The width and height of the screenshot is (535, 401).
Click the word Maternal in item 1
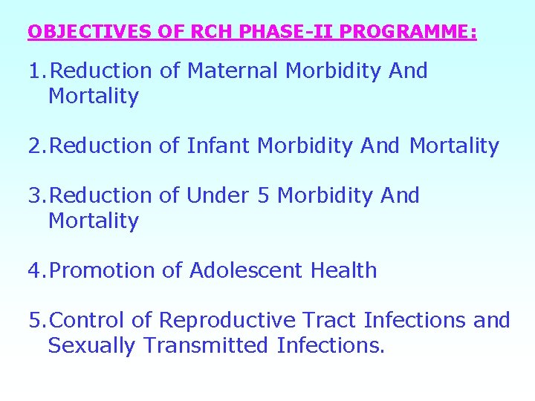[x=233, y=71]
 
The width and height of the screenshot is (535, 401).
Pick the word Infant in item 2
[x=218, y=146]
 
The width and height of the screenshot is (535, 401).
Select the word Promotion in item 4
[x=103, y=271]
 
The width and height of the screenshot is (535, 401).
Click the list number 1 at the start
[x=33, y=71]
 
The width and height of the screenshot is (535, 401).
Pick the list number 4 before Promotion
[x=34, y=271]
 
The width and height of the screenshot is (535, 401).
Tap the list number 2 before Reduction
[x=34, y=146]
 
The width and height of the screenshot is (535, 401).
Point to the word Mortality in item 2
[x=454, y=146]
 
